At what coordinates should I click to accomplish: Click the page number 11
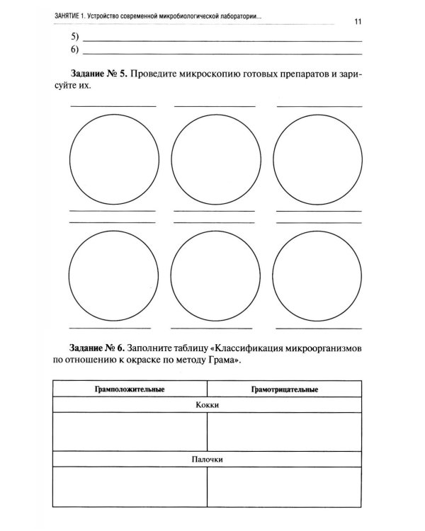[358, 21]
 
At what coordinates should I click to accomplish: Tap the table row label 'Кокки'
[208, 405]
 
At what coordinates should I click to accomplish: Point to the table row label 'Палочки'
[208, 459]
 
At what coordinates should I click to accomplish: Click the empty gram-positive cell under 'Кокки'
[130, 432]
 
